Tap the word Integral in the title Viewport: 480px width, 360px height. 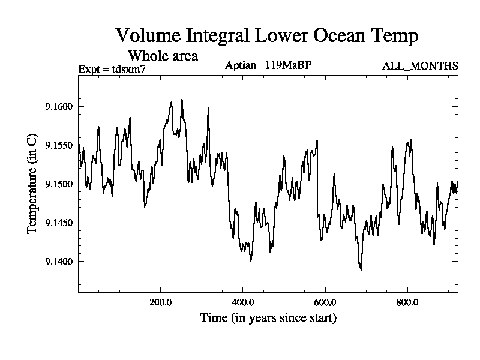(219, 37)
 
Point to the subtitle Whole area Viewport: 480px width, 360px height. (163, 56)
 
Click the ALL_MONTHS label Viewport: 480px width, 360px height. (420, 66)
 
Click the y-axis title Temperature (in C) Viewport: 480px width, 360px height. (33, 185)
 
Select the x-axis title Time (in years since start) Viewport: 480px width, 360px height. (268, 318)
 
